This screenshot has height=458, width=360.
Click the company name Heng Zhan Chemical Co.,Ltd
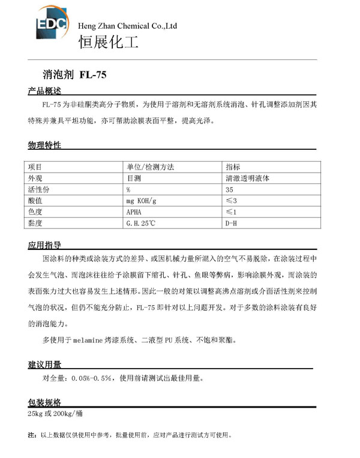pos(128,26)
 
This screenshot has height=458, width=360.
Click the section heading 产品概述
pos(44,92)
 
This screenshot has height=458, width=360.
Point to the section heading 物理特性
pos(44,146)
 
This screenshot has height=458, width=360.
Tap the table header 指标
pos(233,167)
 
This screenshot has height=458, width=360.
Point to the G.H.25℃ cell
pos(140,223)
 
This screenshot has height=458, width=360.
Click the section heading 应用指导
pos(44,246)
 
